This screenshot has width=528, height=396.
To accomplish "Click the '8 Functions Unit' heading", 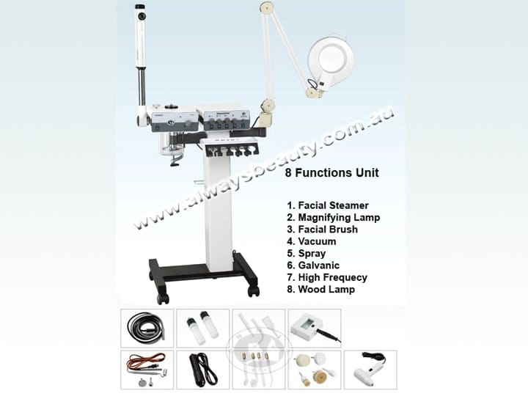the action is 332,173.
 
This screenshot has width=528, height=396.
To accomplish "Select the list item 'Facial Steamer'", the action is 328,205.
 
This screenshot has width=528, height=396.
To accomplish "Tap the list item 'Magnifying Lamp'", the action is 334,218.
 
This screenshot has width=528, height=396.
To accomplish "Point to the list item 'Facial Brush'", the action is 322,230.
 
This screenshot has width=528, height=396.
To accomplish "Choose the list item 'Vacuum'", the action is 312,241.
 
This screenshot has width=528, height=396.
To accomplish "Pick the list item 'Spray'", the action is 306,254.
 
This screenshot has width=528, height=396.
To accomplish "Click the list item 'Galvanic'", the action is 313,265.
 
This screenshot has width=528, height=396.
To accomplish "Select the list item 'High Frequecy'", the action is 327,277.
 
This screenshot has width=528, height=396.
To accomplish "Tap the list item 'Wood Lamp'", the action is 321,289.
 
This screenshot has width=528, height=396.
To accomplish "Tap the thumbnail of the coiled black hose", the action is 147,329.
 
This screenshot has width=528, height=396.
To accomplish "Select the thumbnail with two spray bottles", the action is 202,329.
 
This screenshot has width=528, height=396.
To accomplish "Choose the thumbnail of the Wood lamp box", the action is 315,329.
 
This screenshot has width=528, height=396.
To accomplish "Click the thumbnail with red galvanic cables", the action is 147,370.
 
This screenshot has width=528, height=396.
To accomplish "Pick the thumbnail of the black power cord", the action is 202,370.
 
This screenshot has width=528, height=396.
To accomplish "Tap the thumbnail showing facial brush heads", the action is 315,370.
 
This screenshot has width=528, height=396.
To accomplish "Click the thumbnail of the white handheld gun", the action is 370,370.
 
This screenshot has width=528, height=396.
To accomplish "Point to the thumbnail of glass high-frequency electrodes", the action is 259,370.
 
